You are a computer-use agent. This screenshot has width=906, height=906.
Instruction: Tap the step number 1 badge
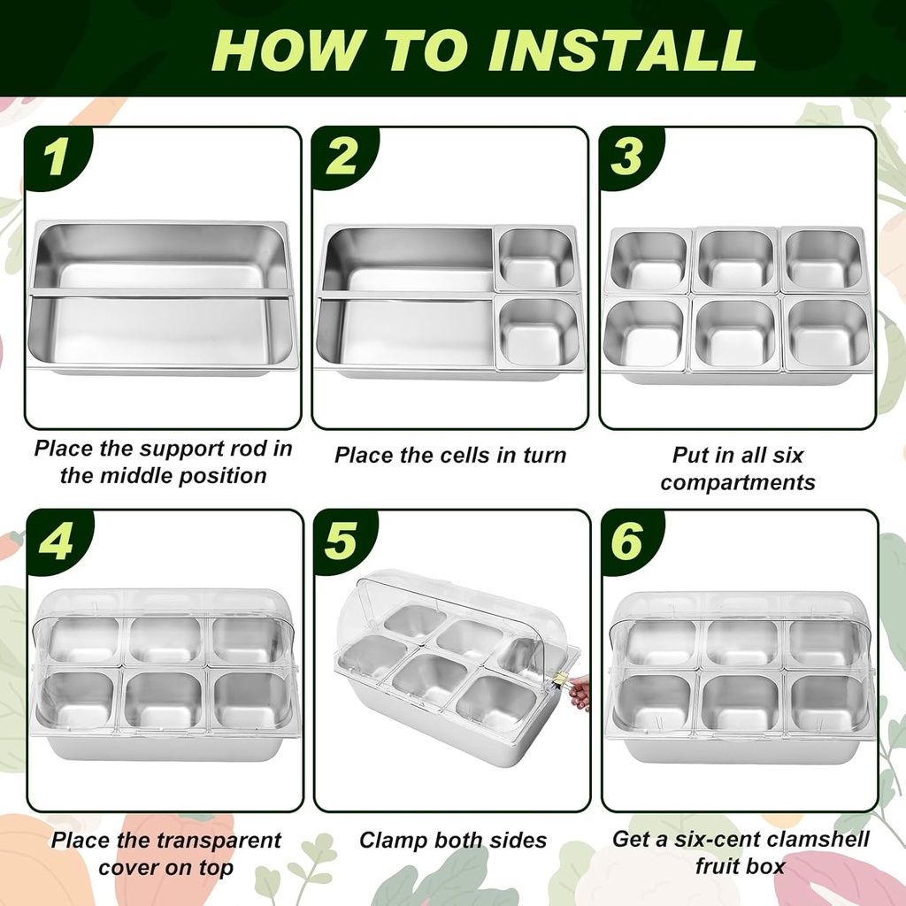(x=56, y=157)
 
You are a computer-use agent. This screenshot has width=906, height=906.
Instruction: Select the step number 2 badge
(x=342, y=157)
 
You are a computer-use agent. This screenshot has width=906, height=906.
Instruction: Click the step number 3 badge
(x=627, y=157)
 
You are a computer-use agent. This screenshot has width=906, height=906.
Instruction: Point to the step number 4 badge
(x=56, y=541)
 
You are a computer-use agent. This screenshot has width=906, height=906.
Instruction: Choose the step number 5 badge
(x=342, y=541)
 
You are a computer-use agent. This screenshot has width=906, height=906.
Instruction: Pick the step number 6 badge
(x=627, y=541)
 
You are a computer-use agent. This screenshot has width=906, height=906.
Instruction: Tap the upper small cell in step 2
(x=537, y=258)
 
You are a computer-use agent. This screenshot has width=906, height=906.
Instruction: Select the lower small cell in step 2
(x=538, y=331)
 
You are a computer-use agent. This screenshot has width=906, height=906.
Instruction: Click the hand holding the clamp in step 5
(x=580, y=692)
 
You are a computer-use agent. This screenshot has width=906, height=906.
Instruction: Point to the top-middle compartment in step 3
(x=734, y=260)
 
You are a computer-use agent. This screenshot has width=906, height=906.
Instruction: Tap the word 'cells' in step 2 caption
(x=469, y=456)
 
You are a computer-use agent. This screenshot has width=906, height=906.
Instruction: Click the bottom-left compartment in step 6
(x=654, y=703)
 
